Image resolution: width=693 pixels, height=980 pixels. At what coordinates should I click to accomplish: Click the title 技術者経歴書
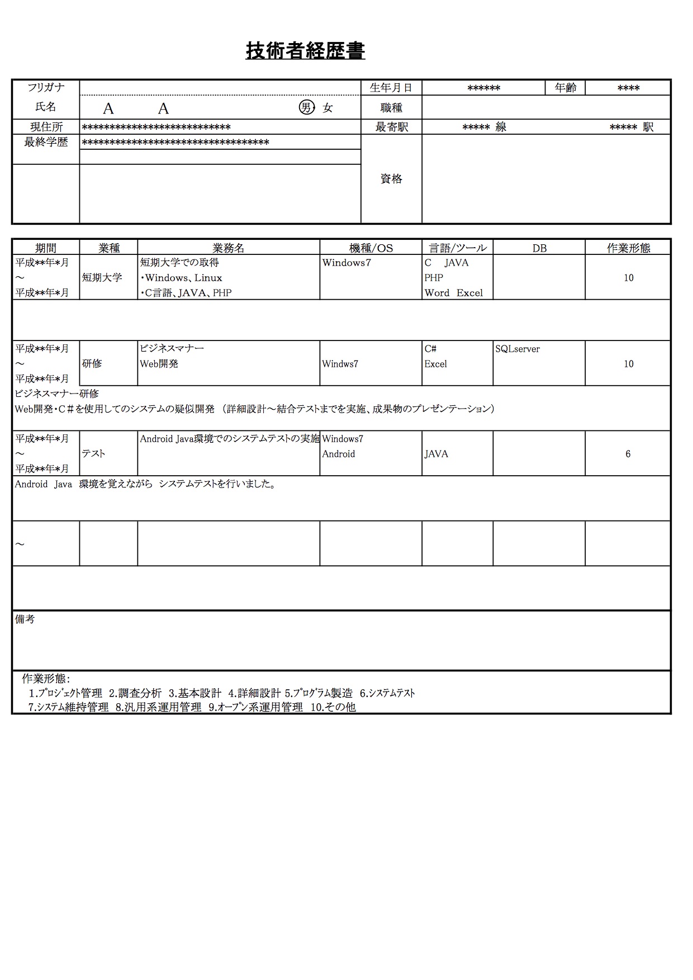coord(305,51)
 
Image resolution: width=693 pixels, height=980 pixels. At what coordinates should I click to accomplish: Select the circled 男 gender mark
coord(306,107)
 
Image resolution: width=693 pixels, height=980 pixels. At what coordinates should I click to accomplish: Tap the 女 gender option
coord(327,108)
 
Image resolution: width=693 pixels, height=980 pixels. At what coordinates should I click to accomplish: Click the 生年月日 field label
coord(391,88)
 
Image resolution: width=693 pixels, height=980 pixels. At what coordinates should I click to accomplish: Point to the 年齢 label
coord(565,88)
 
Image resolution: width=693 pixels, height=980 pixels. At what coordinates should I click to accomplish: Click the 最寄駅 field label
coord(391,127)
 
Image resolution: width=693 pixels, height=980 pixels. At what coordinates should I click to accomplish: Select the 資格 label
coord(391,179)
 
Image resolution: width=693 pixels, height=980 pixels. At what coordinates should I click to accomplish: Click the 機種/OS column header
coord(371,248)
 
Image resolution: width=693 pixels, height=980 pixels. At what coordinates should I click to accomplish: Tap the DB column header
coord(539,248)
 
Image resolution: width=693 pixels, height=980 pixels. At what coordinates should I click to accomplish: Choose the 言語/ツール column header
coord(457,248)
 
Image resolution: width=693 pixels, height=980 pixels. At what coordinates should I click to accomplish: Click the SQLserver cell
coord(518,349)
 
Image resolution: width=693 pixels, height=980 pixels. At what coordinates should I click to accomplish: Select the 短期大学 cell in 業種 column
coord(102,277)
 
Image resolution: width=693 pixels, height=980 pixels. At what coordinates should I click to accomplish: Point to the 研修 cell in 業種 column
coord(92,363)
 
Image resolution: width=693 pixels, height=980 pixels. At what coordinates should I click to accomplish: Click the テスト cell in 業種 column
coord(93,453)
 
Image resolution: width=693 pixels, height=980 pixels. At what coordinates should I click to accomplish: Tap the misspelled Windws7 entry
coord(340,364)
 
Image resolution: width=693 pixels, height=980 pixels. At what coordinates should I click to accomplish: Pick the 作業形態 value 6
coord(628,454)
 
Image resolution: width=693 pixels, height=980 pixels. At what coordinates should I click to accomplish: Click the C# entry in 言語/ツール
coord(430,349)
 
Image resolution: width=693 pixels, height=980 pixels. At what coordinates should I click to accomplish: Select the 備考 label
coord(25,619)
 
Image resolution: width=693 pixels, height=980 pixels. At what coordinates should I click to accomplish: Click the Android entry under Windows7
coord(338,454)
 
